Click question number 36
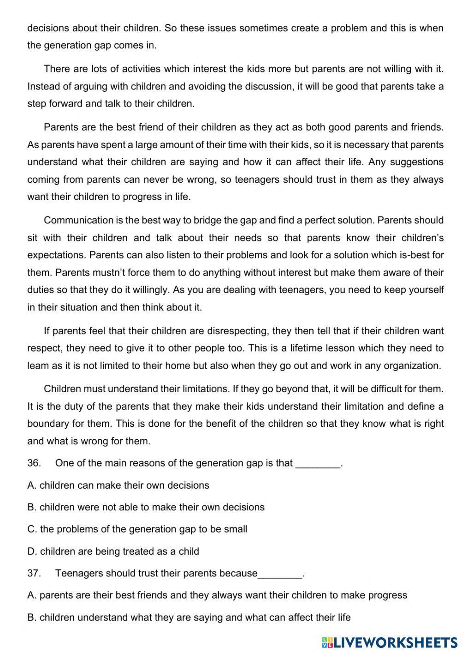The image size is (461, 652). point(34,463)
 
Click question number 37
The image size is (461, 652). point(34,573)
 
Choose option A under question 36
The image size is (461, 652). point(118,485)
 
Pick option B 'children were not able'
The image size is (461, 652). point(146,507)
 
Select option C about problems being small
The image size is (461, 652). point(137,529)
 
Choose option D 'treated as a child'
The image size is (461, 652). point(113,551)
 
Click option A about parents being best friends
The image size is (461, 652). point(217,595)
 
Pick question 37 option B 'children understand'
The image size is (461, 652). point(189,617)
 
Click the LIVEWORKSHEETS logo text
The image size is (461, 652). point(396,642)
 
